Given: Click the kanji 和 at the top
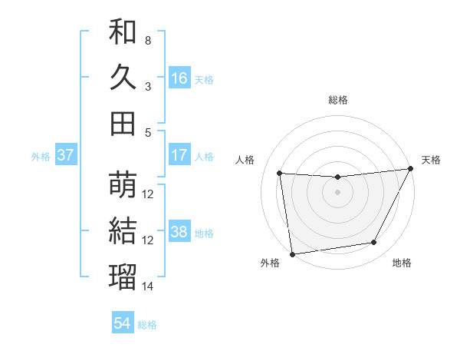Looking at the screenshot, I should click(x=123, y=31).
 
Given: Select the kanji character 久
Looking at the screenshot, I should click(x=123, y=77).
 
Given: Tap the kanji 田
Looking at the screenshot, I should click(x=123, y=123).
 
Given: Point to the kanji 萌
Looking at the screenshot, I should click(x=123, y=184).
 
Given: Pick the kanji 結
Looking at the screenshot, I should click(x=123, y=230).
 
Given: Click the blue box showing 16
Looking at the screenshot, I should click(x=179, y=78).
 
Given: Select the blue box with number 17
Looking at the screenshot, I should click(x=179, y=155).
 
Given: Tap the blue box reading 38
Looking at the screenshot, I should click(x=179, y=232).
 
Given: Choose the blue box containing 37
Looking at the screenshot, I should click(x=65, y=155).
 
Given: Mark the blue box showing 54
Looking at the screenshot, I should click(x=123, y=323).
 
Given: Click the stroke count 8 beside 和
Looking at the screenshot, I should click(x=147, y=40).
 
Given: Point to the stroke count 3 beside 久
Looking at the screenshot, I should click(x=147, y=86).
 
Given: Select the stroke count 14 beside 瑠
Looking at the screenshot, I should click(x=148, y=286).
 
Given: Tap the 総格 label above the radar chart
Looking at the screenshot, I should click(x=338, y=100).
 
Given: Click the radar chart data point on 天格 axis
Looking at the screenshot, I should click(x=410, y=169).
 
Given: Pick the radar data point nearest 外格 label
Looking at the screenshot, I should click(x=292, y=253).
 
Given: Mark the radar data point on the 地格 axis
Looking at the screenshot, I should click(x=374, y=243).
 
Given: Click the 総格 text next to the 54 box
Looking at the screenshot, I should click(x=147, y=324).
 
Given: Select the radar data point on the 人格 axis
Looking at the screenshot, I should click(x=280, y=174).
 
